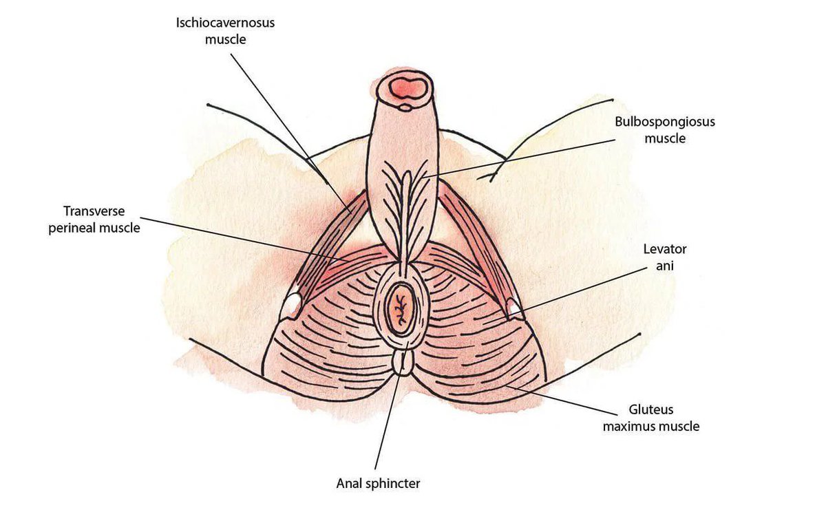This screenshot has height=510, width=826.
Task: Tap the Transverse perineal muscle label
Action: (x=94, y=218)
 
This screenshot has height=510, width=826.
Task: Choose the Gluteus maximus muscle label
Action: (x=650, y=418)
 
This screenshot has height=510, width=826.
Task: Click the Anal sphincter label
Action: (x=378, y=483)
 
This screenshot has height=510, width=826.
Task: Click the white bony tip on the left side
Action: (x=292, y=304)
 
